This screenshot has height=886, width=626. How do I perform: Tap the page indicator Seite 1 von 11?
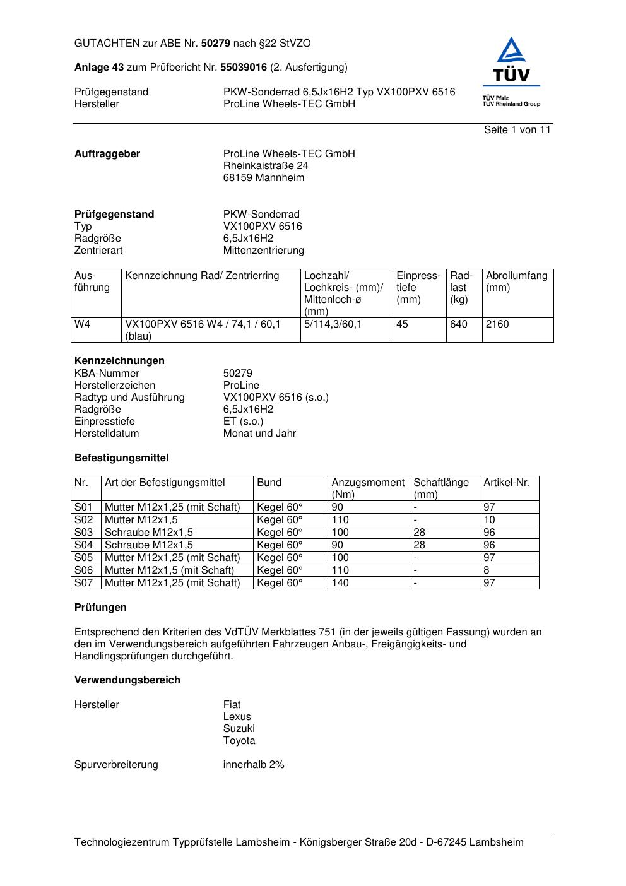coord(517,130)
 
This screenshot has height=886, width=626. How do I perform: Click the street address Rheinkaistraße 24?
coord(266,166)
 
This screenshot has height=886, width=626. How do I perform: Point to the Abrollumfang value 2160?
coord(497,324)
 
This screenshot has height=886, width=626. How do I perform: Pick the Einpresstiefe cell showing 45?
coord(403,324)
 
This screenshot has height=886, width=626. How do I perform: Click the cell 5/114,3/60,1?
coord(333,324)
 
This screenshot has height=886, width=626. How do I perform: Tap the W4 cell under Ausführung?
coord(83,324)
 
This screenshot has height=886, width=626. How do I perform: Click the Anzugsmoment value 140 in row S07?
coord(340,583)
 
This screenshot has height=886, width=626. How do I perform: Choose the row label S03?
coord(83,533)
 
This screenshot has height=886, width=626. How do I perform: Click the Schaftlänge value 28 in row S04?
coord(420,545)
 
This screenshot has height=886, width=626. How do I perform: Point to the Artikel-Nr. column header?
coord(507,483)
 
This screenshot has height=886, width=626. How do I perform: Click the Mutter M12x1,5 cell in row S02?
coord(141,520)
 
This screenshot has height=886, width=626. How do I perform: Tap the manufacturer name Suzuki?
coord(239,729)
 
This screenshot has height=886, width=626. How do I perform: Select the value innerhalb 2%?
coord(254,765)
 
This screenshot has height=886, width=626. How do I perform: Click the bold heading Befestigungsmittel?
coord(121,458)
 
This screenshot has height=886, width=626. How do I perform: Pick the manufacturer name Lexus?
coord(237,717)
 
